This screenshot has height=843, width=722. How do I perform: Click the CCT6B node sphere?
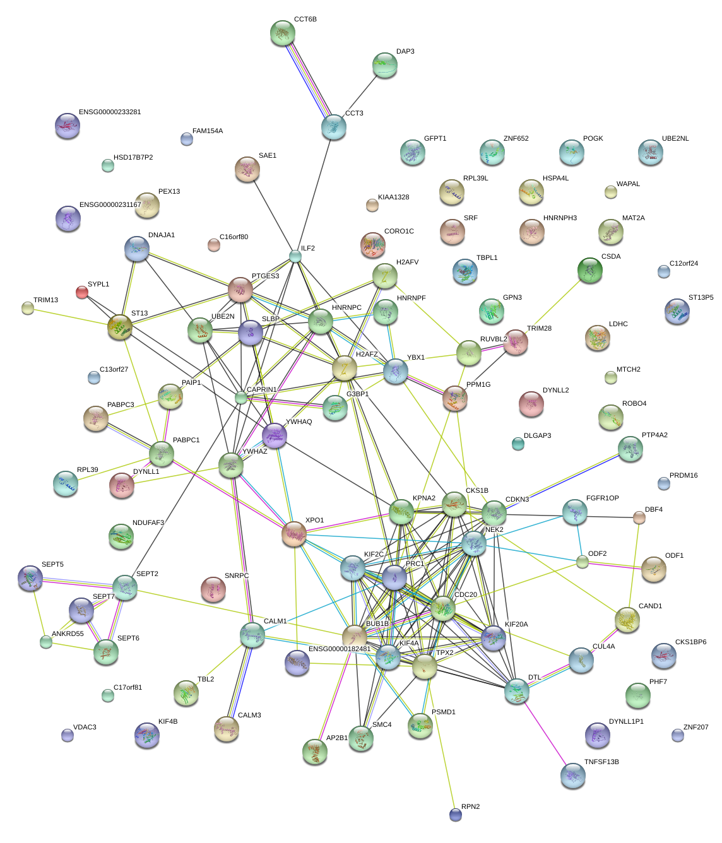[x=282, y=32]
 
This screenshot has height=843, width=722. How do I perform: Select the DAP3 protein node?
[x=385, y=64]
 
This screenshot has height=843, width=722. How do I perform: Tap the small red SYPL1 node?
[x=82, y=292]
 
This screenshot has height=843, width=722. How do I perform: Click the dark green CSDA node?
[x=590, y=270]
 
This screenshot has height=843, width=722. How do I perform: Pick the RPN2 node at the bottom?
[x=456, y=815]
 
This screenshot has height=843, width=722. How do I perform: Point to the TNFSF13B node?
[x=572, y=775]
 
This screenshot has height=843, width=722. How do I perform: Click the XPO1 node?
[x=294, y=534]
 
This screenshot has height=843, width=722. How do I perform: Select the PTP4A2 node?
[x=630, y=449]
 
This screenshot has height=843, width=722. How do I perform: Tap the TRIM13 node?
[x=28, y=308]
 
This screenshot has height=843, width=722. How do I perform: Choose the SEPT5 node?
[x=30, y=577]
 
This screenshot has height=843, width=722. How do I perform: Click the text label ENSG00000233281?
[x=110, y=112]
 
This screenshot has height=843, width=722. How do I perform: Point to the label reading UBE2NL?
[x=675, y=139]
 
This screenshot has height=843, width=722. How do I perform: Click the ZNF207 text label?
[x=695, y=728]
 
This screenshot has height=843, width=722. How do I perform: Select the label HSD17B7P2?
[x=133, y=158]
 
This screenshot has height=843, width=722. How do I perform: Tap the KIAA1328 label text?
[x=393, y=197]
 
